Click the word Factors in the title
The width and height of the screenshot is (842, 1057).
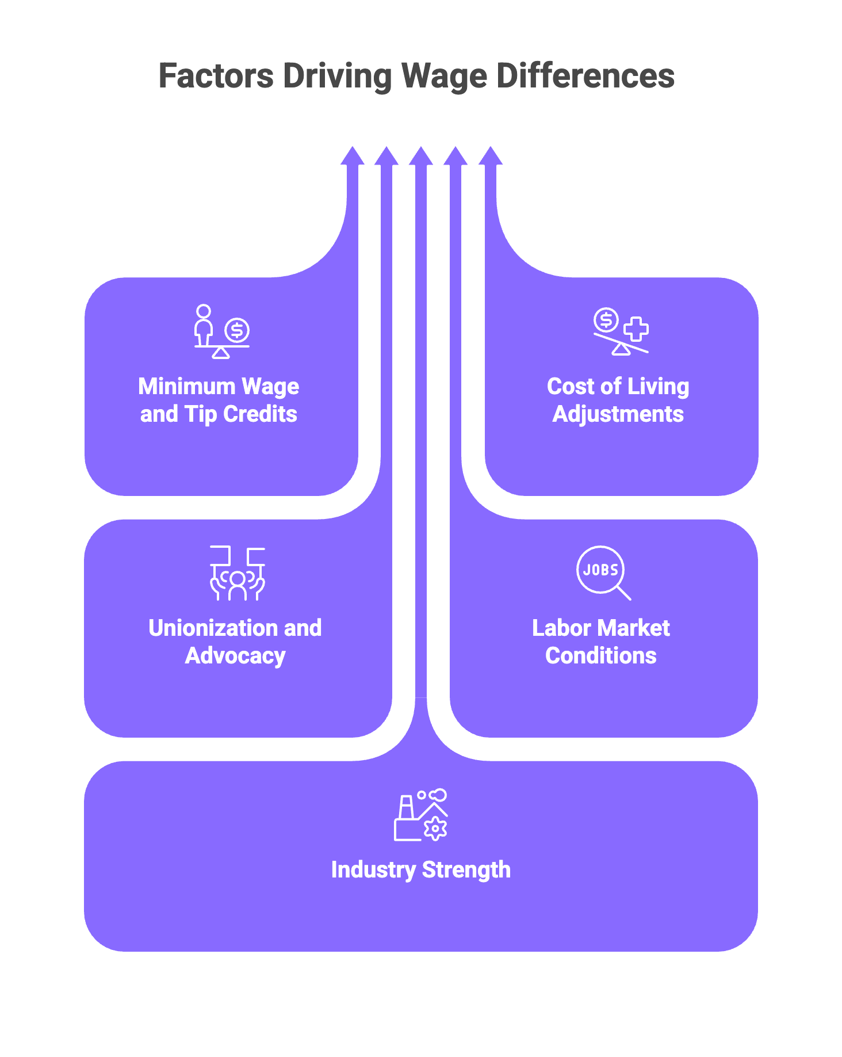tap(216, 76)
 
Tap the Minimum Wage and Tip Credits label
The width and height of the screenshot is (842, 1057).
tap(219, 400)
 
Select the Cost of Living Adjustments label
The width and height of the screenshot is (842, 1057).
tap(618, 400)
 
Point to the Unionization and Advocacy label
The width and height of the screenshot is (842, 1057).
tap(235, 642)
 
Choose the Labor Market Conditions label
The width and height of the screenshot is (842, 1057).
tap(601, 642)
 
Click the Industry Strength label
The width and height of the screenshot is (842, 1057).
tap(420, 869)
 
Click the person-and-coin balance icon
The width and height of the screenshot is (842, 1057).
tap(221, 332)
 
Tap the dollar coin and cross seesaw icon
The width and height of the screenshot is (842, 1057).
tap(621, 332)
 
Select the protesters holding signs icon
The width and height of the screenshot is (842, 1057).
tap(238, 574)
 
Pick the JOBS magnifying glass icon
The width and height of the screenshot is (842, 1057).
tap(603, 573)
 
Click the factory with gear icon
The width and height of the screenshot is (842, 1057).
tap(420, 815)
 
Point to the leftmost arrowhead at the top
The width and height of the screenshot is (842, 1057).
tap(353, 156)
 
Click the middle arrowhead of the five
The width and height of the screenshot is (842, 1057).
tap(421, 156)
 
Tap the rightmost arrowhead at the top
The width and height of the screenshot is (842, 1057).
tap(491, 156)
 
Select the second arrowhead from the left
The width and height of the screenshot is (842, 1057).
tap(386, 156)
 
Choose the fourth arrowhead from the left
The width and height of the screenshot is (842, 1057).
tap(456, 156)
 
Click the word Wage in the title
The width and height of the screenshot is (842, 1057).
tap(443, 76)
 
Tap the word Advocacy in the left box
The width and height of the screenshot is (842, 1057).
tap(235, 655)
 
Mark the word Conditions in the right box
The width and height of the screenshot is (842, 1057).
tap(601, 655)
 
